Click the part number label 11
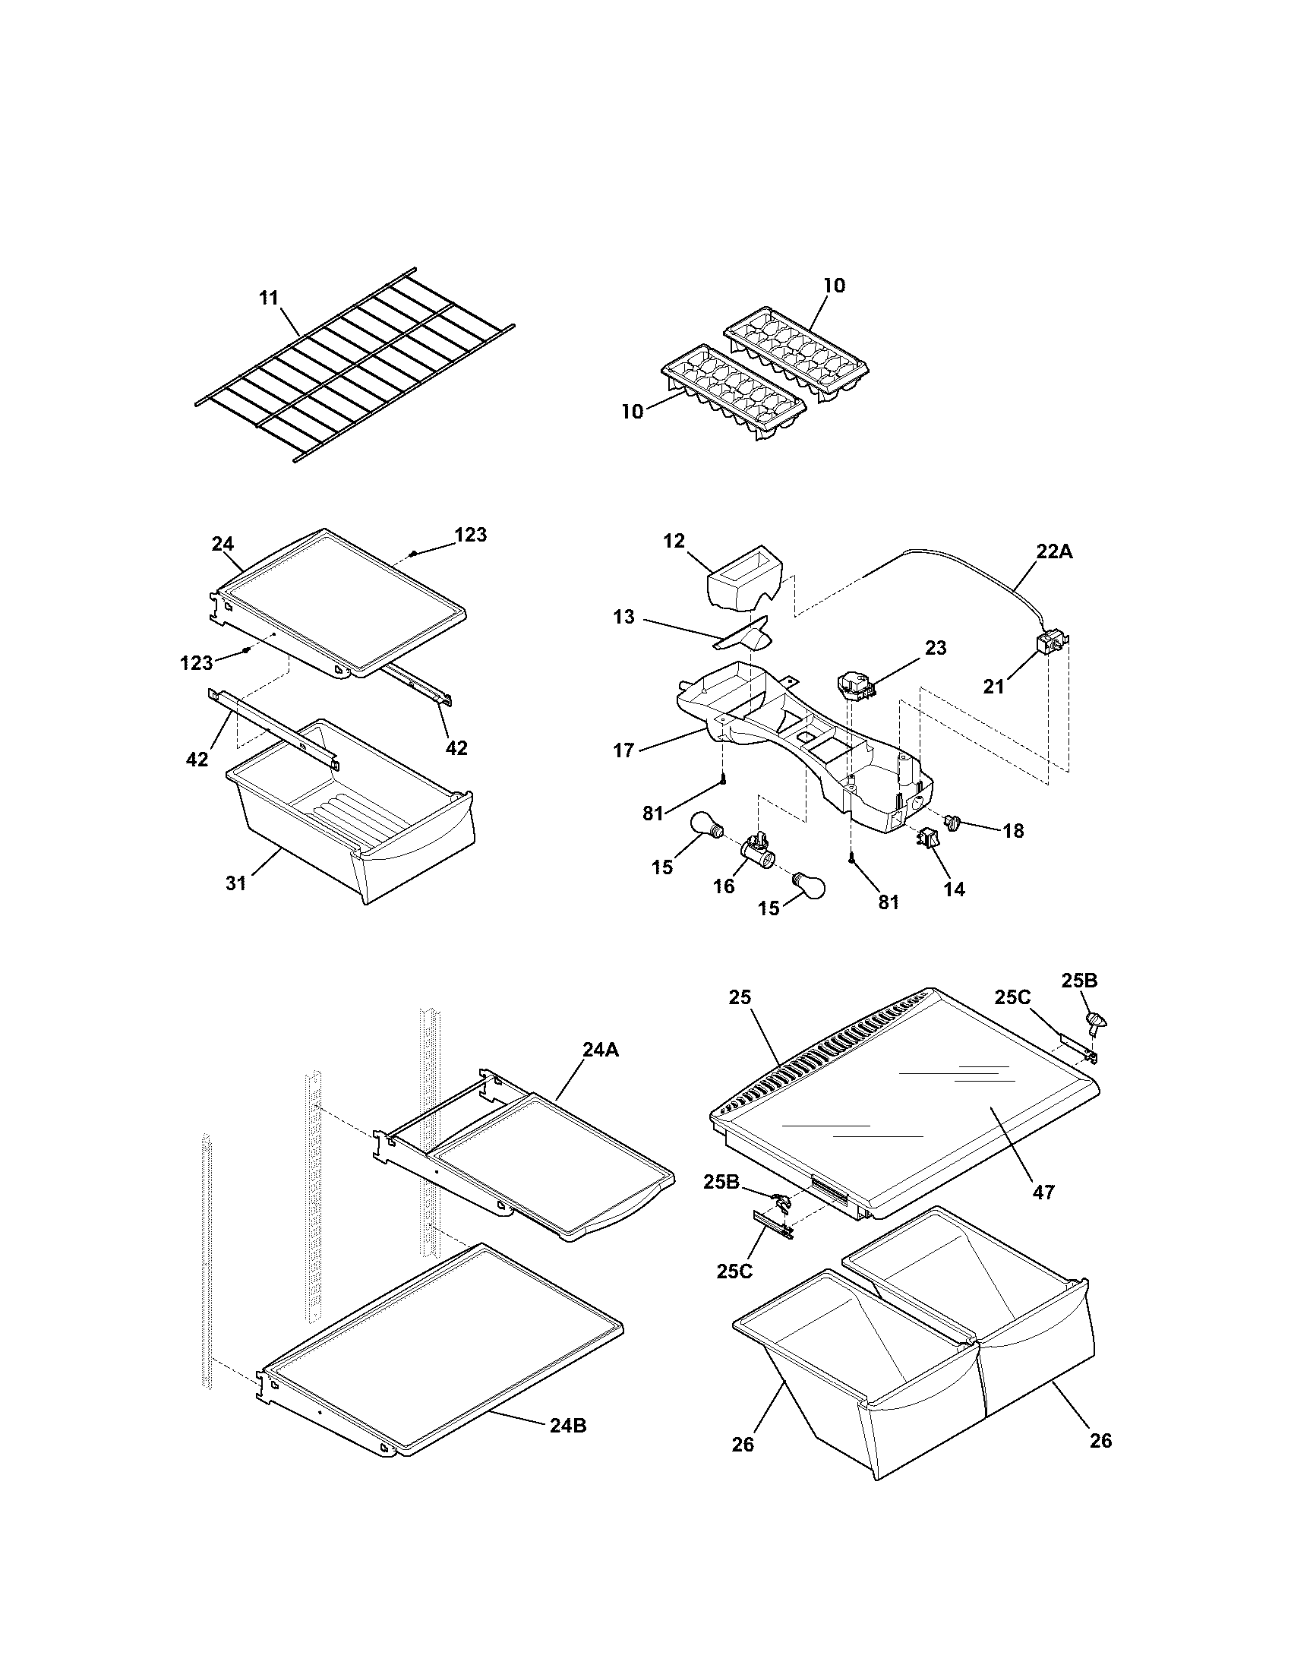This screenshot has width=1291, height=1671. (268, 299)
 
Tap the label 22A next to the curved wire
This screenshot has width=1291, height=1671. (1054, 551)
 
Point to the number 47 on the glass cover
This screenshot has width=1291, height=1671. (1043, 1191)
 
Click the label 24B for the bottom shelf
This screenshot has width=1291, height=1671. (568, 1426)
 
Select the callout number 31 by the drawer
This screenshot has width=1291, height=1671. (235, 883)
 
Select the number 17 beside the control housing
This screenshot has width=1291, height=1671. (624, 750)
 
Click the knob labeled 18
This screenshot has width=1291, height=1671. (952, 823)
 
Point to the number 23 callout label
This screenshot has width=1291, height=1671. (936, 648)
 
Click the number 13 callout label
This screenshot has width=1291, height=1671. (624, 617)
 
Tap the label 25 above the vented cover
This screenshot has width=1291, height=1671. (740, 997)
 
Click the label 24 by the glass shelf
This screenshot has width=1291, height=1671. (223, 544)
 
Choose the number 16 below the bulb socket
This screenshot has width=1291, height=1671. (724, 886)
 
